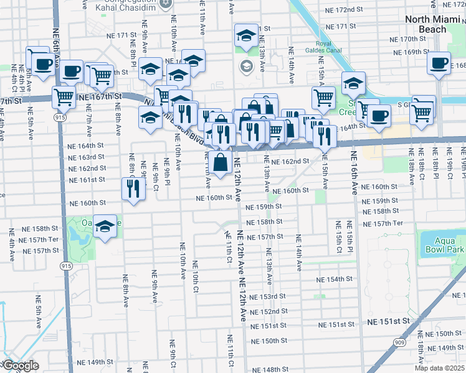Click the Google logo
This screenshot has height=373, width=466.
point(21,366)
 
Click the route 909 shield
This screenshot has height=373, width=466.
point(399,342)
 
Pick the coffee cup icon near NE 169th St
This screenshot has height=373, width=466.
point(440,63)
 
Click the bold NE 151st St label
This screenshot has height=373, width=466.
point(389,321)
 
